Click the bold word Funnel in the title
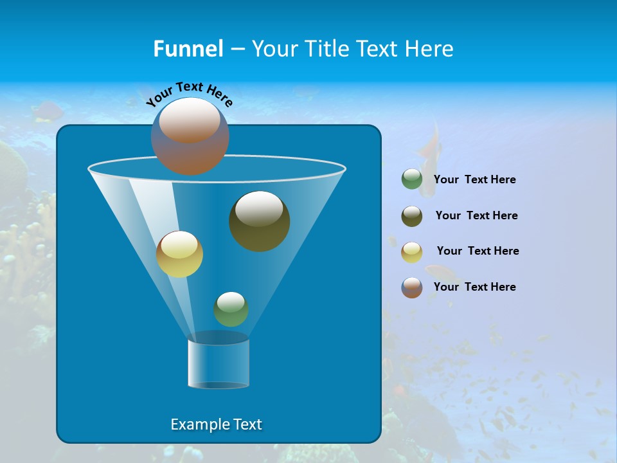pyautogui.click(x=188, y=49)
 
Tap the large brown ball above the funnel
pyautogui.click(x=190, y=136)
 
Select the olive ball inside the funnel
pyautogui.click(x=260, y=221)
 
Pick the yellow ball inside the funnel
pyautogui.click(x=180, y=254)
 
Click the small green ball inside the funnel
pyautogui.click(x=231, y=309)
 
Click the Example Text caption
pyautogui.click(x=217, y=424)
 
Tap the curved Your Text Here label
pyautogui.click(x=189, y=94)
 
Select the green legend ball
pyautogui.click(x=412, y=179)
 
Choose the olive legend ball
pyautogui.click(x=412, y=215)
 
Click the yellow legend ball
pyautogui.click(x=412, y=251)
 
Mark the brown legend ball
pyautogui.click(x=412, y=287)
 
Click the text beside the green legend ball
pyautogui.click(x=475, y=180)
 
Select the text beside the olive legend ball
pyautogui.click(x=477, y=215)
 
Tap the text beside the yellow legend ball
pyautogui.click(x=478, y=251)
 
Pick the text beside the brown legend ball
pyautogui.click(x=475, y=287)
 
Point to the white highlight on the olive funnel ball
pyautogui.click(x=259, y=209)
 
